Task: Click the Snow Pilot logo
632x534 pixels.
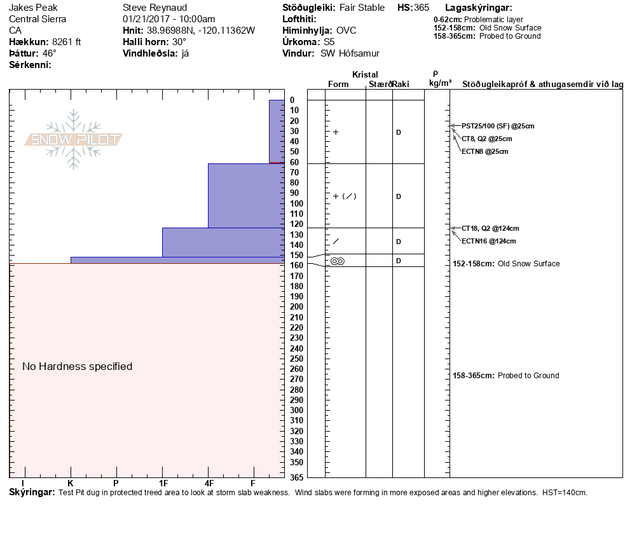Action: coord(74,140)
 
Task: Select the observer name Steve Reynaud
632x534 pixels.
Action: coord(155,8)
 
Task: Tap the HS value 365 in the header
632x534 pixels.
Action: coord(422,8)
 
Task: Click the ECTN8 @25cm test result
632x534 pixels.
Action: coord(484,151)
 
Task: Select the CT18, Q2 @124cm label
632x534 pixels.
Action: coord(490,228)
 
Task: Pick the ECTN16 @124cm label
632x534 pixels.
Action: coord(488,241)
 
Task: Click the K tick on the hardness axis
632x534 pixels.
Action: coord(71,483)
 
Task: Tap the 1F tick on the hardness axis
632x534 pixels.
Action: coord(163,483)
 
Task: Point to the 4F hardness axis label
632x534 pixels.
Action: coord(209,483)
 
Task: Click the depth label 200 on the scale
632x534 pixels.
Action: coord(296,307)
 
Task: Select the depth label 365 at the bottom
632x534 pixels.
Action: coord(296,477)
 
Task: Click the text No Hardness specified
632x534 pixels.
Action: coord(77,366)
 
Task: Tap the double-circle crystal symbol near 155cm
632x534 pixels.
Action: coord(338,261)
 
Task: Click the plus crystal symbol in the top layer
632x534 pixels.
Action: coord(336,132)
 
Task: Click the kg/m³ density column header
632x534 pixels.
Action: coord(440,83)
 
